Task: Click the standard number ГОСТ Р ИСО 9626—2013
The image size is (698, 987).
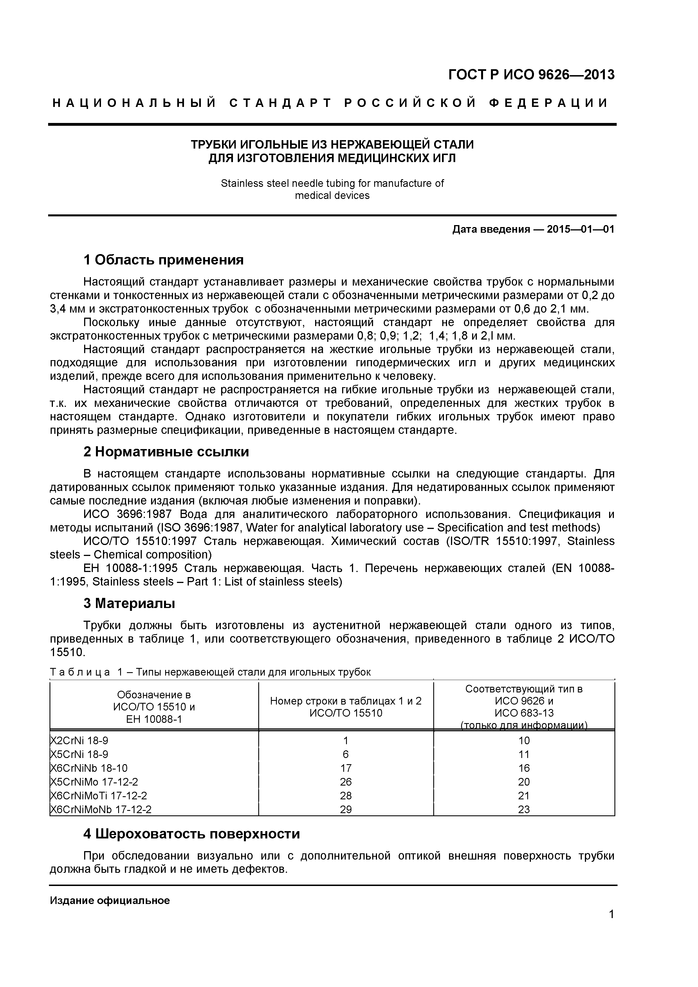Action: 531,75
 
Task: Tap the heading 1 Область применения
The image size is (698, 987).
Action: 163,260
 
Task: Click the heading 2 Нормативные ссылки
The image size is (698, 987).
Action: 166,452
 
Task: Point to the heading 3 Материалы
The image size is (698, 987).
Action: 129,604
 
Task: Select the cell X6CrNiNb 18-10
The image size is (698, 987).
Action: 89,768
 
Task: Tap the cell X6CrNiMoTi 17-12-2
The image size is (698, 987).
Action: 98,795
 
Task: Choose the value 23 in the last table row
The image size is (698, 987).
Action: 524,809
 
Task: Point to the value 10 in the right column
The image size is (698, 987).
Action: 524,740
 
